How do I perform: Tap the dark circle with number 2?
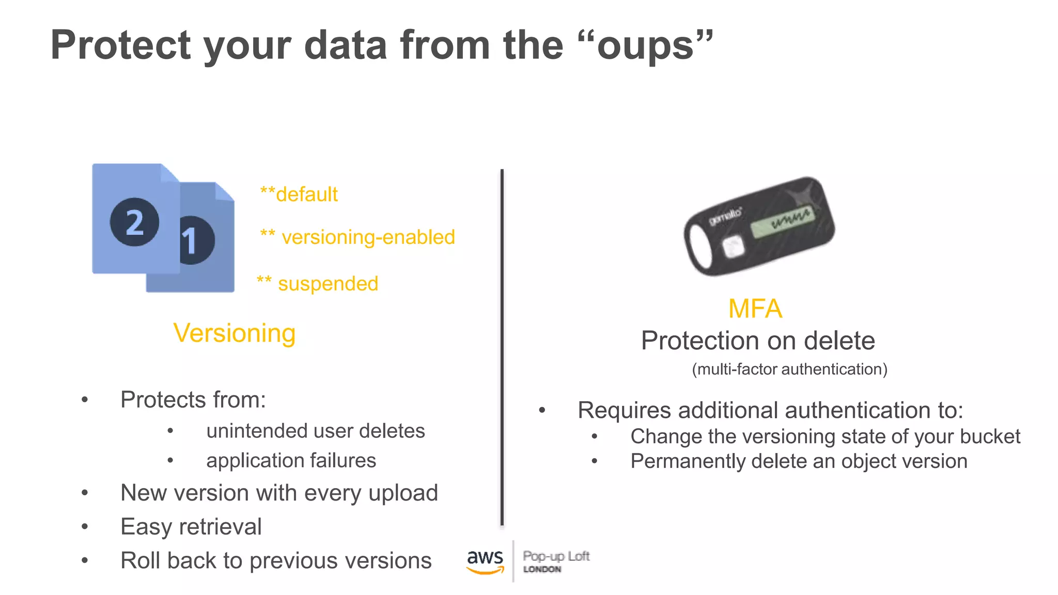[134, 222]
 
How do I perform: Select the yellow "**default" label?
[299, 195]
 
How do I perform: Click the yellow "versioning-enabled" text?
[368, 238]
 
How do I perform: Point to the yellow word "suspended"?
[328, 284]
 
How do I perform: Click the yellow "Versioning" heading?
[235, 333]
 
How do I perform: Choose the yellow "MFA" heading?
[755, 309]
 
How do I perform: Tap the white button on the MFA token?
[733, 247]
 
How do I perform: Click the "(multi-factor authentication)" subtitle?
[789, 369]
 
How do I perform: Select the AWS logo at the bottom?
[485, 561]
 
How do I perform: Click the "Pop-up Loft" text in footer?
[556, 556]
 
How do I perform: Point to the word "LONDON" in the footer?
[542, 569]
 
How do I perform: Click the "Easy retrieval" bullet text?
[191, 527]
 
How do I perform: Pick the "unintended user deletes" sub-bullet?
[315, 431]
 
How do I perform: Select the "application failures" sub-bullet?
[291, 461]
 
